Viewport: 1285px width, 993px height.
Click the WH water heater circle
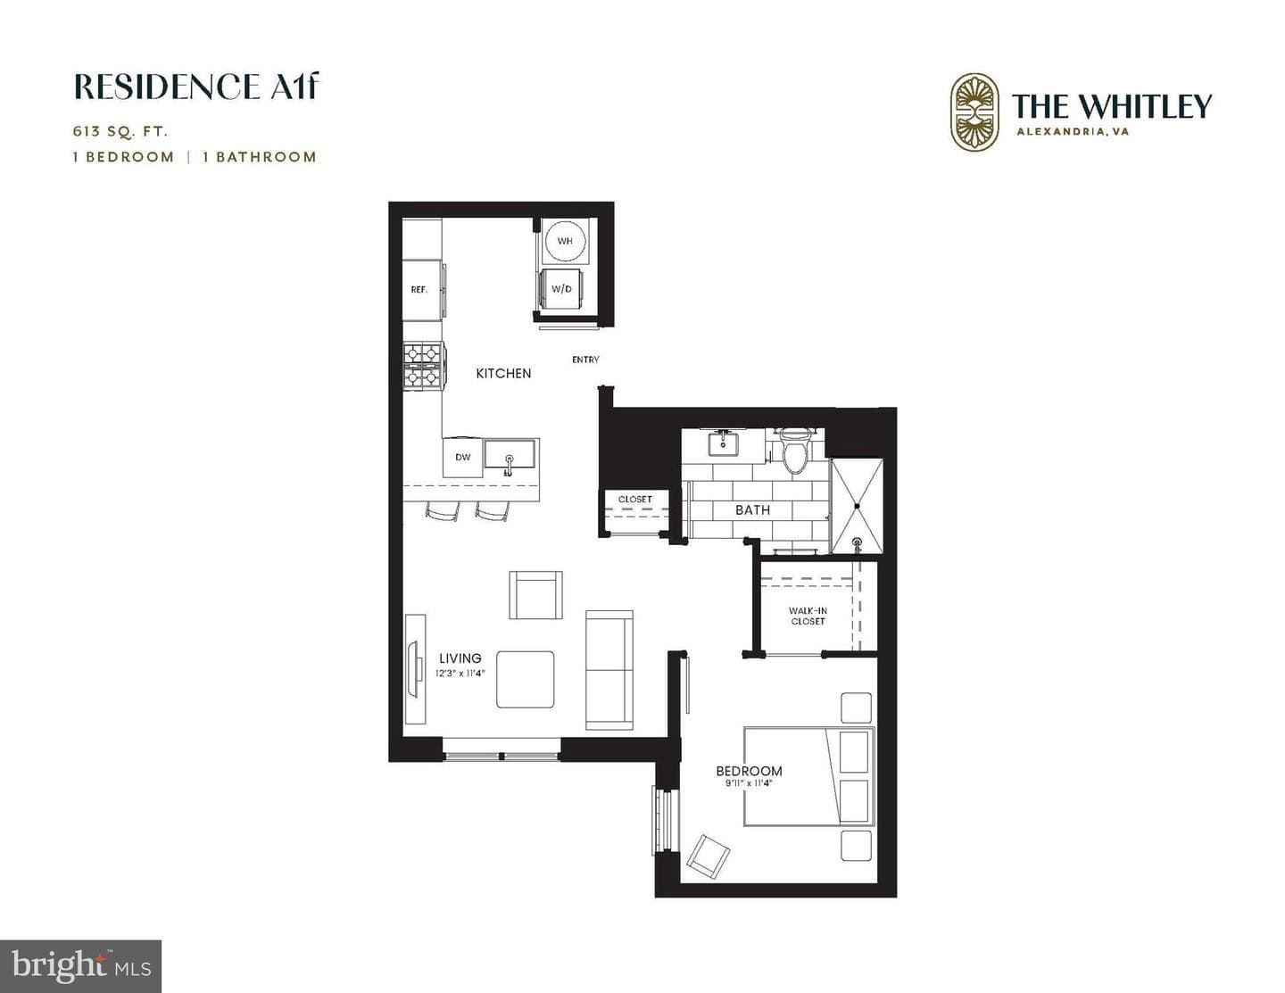[x=565, y=241]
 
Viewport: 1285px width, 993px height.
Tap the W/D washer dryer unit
[x=561, y=288]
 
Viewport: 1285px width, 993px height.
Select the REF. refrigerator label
[x=419, y=290]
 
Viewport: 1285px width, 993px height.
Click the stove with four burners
[x=423, y=366]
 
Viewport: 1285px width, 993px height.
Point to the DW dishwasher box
[x=463, y=457]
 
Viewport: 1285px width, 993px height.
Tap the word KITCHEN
[x=504, y=374]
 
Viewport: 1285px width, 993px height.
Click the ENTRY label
[x=585, y=360]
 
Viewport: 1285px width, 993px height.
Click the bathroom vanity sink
[x=723, y=443]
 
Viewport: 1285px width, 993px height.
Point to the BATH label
[x=753, y=510]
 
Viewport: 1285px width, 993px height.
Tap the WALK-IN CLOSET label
[x=808, y=616]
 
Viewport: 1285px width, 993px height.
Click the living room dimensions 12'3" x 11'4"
[x=460, y=673]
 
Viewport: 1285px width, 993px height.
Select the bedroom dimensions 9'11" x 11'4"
[x=750, y=783]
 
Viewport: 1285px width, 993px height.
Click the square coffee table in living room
[x=525, y=679]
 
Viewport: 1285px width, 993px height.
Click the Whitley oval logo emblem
[x=974, y=112]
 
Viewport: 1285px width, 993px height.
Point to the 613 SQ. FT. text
[x=120, y=131]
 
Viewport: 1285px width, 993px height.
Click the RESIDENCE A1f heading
[x=196, y=87]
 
